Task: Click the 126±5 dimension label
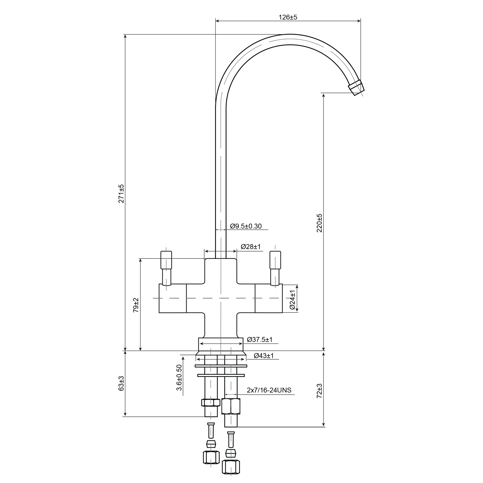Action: click(x=288, y=17)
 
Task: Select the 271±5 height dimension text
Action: click(x=121, y=194)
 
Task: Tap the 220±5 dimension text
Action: click(x=319, y=223)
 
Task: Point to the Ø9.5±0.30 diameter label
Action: click(x=246, y=226)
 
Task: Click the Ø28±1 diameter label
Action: click(x=251, y=247)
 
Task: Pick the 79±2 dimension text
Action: click(x=136, y=305)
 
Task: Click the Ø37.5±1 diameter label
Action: click(x=260, y=340)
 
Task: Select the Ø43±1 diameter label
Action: click(x=264, y=355)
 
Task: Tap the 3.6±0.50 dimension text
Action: click(x=179, y=377)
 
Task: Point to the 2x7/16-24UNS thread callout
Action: click(x=269, y=390)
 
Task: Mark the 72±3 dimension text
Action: click(x=319, y=391)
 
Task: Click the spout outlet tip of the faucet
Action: click(x=356, y=88)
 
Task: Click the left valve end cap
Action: click(x=173, y=298)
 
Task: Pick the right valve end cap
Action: click(x=269, y=298)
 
